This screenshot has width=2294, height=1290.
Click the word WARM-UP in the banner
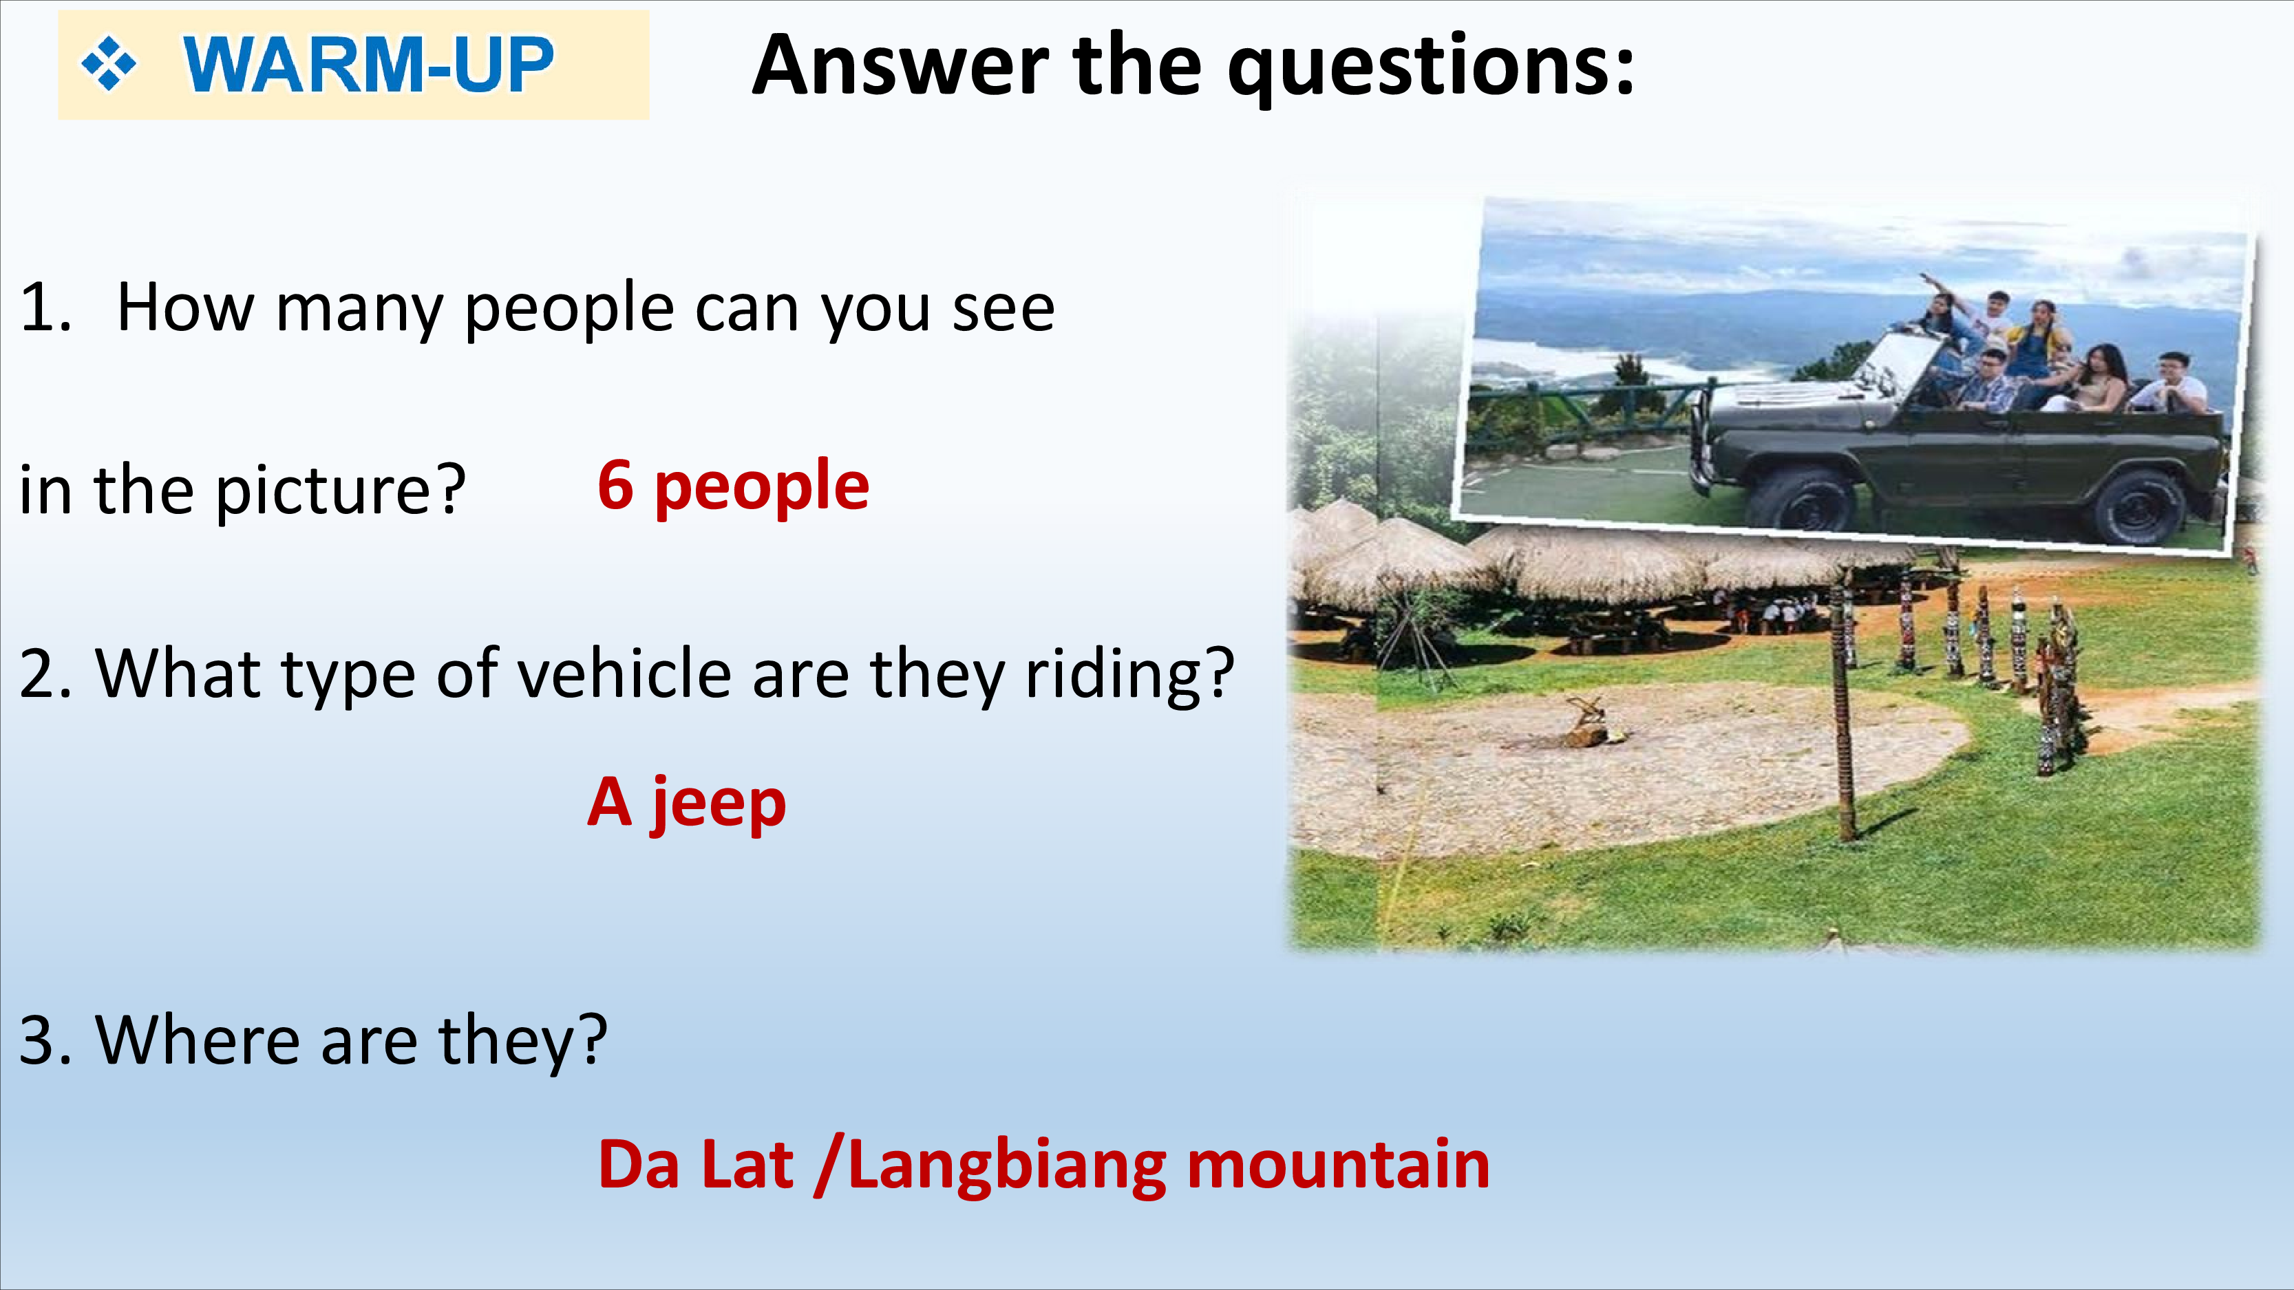[x=368, y=64]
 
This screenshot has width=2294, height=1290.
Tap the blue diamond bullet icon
[x=109, y=64]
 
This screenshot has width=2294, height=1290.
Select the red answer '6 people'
[x=733, y=486]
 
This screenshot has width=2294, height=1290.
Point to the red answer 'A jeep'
[x=687, y=803]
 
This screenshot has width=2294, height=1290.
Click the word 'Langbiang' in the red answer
[x=1007, y=1167]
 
